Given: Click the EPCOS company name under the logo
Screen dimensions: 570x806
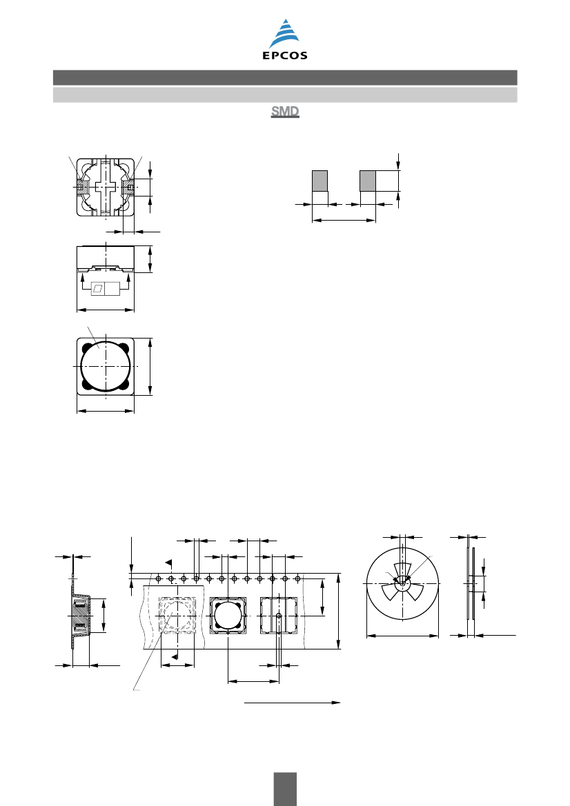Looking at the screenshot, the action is pyautogui.click(x=285, y=56).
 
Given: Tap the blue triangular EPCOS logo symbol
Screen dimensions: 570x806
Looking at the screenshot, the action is pyautogui.click(x=285, y=34).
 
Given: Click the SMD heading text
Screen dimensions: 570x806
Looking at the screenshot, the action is pyautogui.click(x=285, y=112).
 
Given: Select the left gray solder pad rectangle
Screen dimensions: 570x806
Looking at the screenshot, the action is pyautogui.click(x=320, y=181).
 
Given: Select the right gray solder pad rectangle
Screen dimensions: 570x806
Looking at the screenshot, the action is pyautogui.click(x=368, y=181).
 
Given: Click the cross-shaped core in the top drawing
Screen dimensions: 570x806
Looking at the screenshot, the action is pyautogui.click(x=106, y=187).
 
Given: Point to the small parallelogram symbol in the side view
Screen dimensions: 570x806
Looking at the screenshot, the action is pyautogui.click(x=98, y=288).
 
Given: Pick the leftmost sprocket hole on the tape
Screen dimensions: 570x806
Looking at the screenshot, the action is pyautogui.click(x=159, y=578).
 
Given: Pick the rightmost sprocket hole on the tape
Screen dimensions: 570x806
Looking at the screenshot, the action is pyautogui.click(x=297, y=578).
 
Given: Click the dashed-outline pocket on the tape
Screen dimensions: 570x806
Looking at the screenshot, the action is pyautogui.click(x=177, y=615).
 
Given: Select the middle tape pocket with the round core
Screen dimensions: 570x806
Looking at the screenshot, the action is pyautogui.click(x=228, y=615).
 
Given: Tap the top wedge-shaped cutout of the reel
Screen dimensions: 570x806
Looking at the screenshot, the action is pyautogui.click(x=402, y=570).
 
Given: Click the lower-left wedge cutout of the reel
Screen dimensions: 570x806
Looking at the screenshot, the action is pyautogui.click(x=391, y=593).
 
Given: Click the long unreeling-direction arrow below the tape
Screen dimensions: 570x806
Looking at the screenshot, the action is pyautogui.click(x=292, y=702).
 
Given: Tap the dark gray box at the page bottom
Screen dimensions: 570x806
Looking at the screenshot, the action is pyautogui.click(x=285, y=789).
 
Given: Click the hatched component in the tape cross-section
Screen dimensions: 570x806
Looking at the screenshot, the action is pyautogui.click(x=80, y=615).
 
